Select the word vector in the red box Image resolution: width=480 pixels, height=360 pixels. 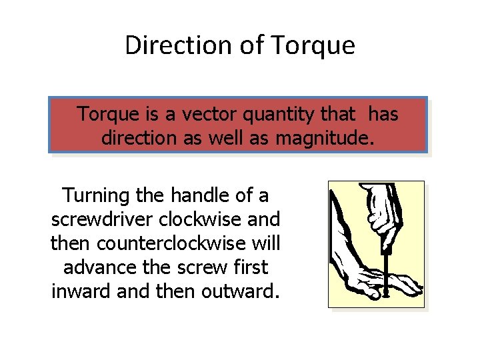(x=207, y=115)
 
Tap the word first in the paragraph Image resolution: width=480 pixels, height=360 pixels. (x=251, y=267)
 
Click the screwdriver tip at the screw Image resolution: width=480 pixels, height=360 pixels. (x=385, y=291)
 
